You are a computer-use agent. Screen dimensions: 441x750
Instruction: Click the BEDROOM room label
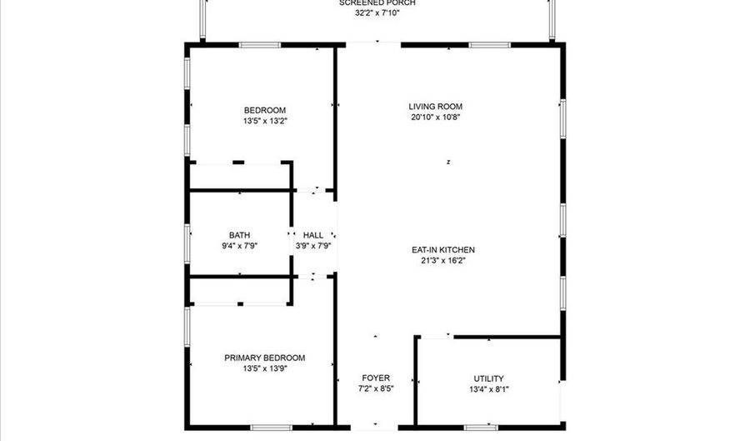pyautogui.click(x=265, y=111)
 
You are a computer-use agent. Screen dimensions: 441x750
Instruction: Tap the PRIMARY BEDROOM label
pyautogui.click(x=265, y=358)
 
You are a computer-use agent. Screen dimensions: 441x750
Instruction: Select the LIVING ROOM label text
pyautogui.click(x=435, y=107)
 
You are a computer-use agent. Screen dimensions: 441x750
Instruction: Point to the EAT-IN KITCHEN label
pyautogui.click(x=442, y=249)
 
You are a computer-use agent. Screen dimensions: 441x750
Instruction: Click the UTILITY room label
pyautogui.click(x=488, y=378)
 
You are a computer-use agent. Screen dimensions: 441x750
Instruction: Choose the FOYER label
pyautogui.click(x=376, y=378)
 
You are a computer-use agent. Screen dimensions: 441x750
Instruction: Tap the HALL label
pyautogui.click(x=313, y=235)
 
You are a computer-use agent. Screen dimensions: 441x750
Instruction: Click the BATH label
pyautogui.click(x=240, y=235)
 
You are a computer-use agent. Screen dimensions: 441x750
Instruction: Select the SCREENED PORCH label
pyautogui.click(x=377, y=3)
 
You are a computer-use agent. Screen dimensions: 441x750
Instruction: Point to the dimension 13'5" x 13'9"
pyautogui.click(x=265, y=368)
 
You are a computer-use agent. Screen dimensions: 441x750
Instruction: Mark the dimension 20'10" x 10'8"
pyautogui.click(x=435, y=118)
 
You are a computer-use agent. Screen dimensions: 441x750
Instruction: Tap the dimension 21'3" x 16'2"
pyautogui.click(x=442, y=260)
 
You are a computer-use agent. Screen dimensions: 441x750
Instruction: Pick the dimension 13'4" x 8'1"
pyautogui.click(x=488, y=389)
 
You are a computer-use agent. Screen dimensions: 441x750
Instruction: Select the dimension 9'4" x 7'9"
pyautogui.click(x=240, y=246)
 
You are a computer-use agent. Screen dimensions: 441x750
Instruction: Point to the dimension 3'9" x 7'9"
pyautogui.click(x=313, y=246)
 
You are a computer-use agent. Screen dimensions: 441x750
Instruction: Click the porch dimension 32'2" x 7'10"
pyautogui.click(x=377, y=13)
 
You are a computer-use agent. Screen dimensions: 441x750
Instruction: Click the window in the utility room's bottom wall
pyautogui.click(x=481, y=428)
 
